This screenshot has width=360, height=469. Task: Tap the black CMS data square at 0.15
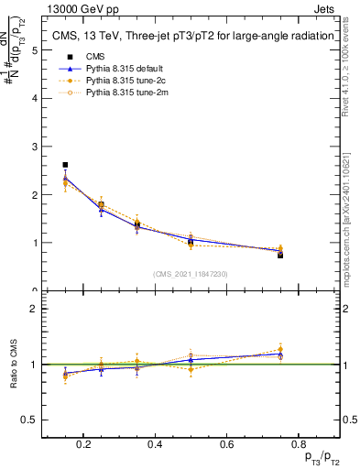(x=65, y=165)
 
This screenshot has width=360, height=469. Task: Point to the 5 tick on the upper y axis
(x=35, y=50)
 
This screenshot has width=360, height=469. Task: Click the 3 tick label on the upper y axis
(x=35, y=147)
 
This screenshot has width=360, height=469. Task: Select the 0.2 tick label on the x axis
(x=84, y=446)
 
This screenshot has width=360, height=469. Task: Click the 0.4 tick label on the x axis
(x=155, y=446)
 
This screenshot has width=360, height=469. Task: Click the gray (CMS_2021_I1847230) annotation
(x=190, y=274)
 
